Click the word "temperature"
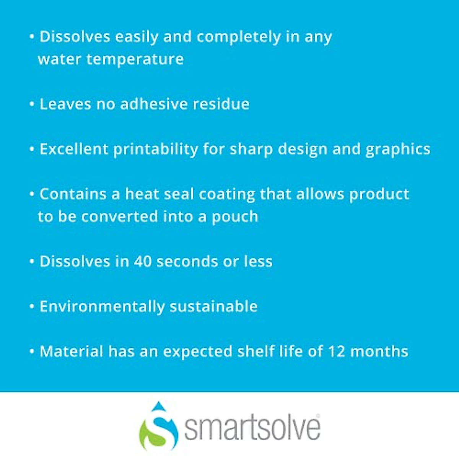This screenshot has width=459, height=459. (x=135, y=60)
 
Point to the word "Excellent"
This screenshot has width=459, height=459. (x=74, y=149)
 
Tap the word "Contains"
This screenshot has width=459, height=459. (x=73, y=194)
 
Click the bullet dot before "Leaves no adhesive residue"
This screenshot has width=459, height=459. (x=32, y=104)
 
